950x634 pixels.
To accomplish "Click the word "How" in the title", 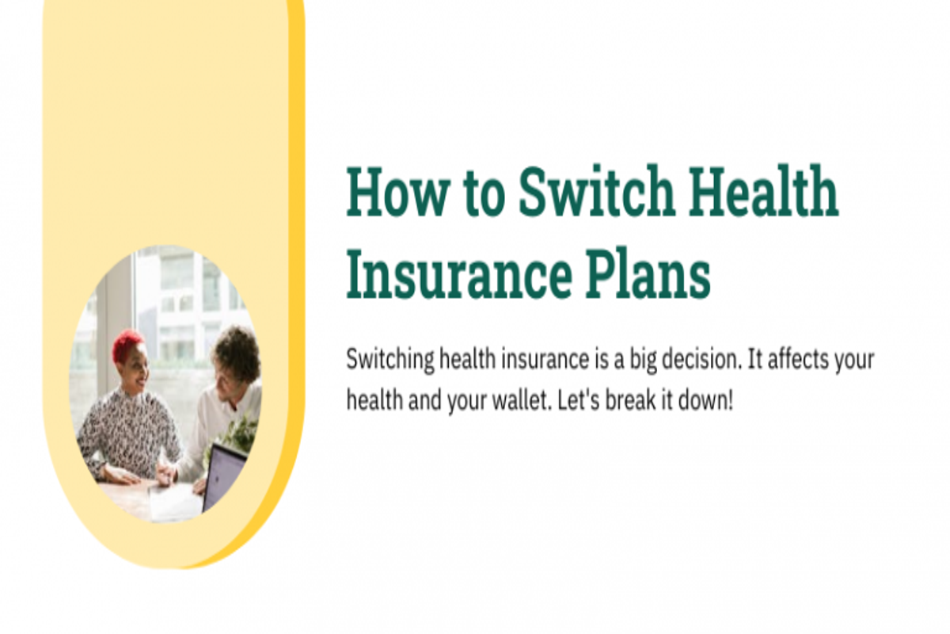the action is tap(397, 191).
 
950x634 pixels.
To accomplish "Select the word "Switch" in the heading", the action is tap(596, 191).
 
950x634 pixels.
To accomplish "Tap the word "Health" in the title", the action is tap(763, 191).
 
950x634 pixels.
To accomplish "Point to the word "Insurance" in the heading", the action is tap(459, 274).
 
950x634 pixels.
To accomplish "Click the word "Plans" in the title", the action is tap(648, 274).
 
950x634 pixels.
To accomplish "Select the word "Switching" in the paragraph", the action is tap(390, 360).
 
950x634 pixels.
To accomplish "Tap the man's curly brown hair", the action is tap(237, 353).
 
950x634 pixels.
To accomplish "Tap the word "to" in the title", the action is tap(484, 194).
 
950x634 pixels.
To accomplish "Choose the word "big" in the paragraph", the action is tap(643, 360).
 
